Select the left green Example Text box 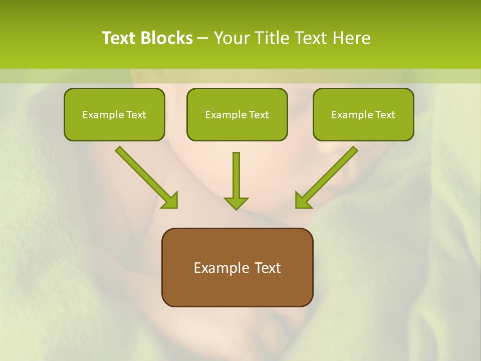(x=114, y=114)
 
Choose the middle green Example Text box (x=237, y=114)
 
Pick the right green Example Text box (x=363, y=114)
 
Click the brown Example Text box (x=237, y=267)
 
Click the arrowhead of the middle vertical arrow (x=236, y=203)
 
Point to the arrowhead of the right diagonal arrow (x=303, y=201)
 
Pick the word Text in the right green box (x=385, y=115)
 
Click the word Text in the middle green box (x=259, y=115)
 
